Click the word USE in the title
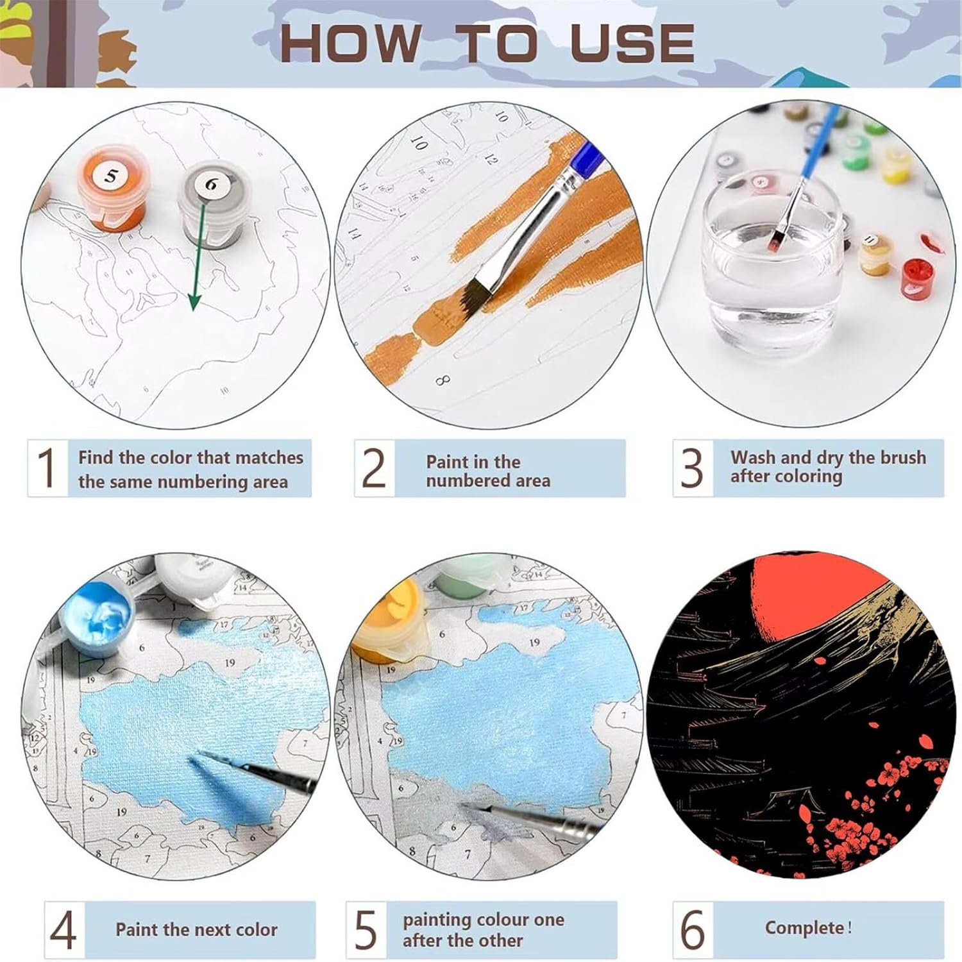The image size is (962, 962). tap(632, 43)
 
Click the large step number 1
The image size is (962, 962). tap(47, 468)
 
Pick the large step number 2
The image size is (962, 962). tap(374, 468)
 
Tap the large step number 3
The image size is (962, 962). tap(693, 468)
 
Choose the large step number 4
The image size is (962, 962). tap(63, 930)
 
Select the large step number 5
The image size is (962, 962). tap(366, 930)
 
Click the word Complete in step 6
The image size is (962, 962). tap(804, 929)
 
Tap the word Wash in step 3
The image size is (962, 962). tap(753, 457)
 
